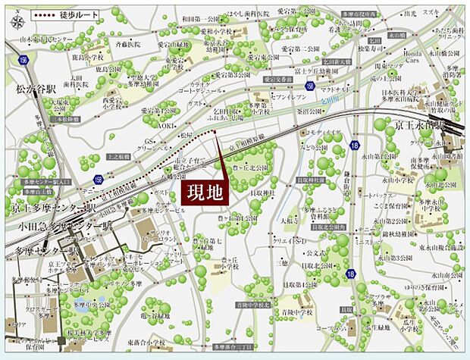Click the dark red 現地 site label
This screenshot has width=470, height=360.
pyautogui.click(x=206, y=189)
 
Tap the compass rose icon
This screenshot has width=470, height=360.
pyautogui.click(x=17, y=20)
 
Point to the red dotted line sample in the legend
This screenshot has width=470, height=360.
pyautogui.click(x=51, y=14)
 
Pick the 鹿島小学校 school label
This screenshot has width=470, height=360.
pyautogui.click(x=88, y=57)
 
